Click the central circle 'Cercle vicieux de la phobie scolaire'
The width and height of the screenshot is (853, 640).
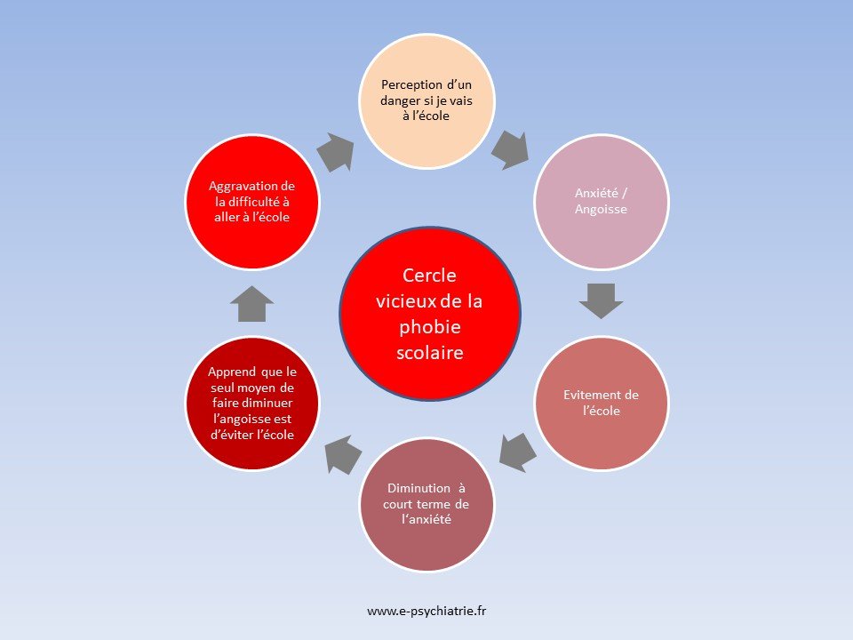click(430, 313)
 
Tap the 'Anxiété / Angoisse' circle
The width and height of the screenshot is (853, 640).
click(602, 202)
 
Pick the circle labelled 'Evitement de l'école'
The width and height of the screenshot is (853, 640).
click(602, 403)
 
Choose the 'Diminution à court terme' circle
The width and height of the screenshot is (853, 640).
click(426, 505)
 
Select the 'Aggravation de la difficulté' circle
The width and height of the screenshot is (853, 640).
click(252, 202)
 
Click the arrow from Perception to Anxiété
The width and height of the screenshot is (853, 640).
click(510, 148)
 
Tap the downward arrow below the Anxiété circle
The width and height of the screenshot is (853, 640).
click(602, 300)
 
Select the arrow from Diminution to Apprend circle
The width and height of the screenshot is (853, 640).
click(341, 455)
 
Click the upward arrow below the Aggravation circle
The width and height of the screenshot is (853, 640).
click(251, 304)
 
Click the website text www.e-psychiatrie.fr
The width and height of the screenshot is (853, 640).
click(426, 611)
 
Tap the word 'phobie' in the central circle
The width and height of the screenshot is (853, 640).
click(430, 326)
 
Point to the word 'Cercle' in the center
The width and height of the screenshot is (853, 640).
click(430, 276)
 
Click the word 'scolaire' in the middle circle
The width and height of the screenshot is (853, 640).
click(430, 352)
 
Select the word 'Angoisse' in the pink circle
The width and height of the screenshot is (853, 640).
click(602, 211)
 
